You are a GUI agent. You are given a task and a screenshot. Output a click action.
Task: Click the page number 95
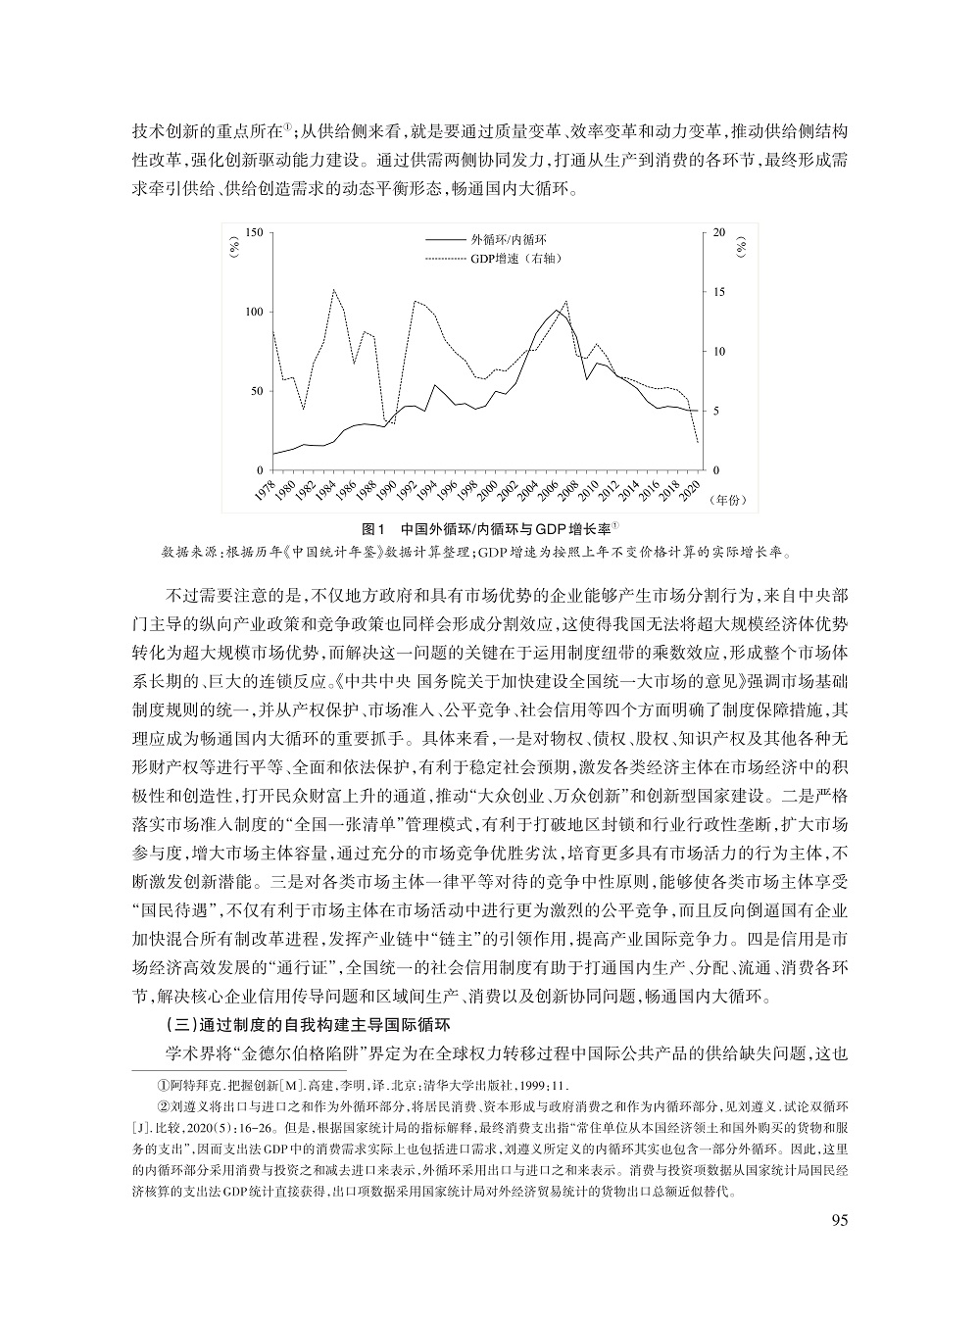837,1220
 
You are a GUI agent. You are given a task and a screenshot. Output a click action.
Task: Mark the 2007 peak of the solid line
558,311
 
